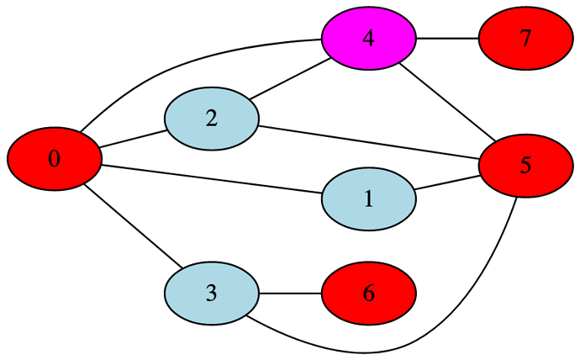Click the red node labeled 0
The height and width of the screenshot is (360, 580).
tap(55, 159)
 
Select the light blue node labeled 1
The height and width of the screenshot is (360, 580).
tap(368, 199)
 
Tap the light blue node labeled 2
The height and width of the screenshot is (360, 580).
tap(211, 119)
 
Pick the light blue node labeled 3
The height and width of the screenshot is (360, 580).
tap(211, 294)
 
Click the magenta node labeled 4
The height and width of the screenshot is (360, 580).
tap(368, 39)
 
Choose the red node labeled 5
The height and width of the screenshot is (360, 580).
tap(525, 165)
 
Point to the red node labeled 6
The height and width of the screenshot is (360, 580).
tap(368, 294)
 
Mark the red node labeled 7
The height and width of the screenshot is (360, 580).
tap(525, 39)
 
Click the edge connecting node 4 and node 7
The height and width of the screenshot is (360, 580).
tap(447, 39)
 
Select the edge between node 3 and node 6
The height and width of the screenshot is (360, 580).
tap(290, 294)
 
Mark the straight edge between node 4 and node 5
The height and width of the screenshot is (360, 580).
tap(446, 101)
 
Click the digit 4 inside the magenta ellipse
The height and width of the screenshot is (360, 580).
tap(368, 39)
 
